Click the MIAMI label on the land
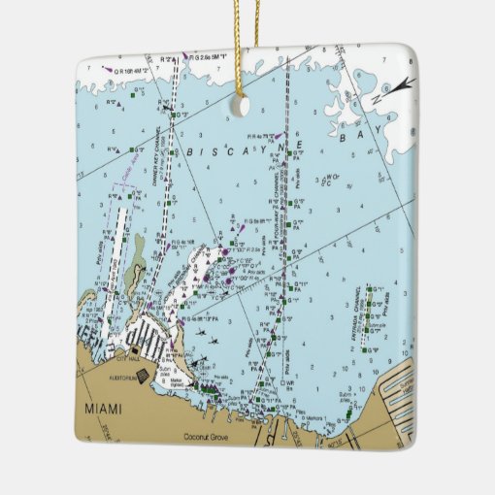pos(105,409)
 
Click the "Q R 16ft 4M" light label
pos(133,71)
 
